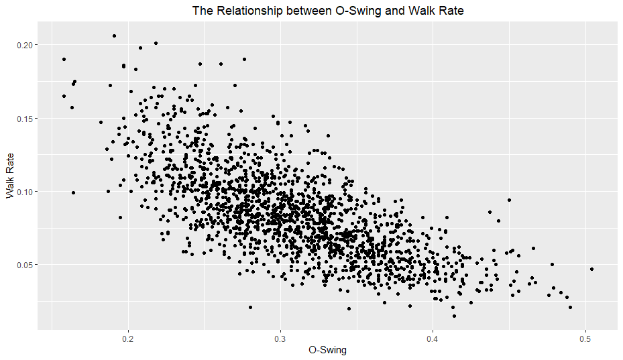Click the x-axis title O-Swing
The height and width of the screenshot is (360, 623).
coord(327,350)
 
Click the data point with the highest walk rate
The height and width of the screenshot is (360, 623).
coord(114,36)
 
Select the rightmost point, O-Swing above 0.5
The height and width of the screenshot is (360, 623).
coord(591,269)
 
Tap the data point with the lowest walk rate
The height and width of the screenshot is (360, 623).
coord(454,316)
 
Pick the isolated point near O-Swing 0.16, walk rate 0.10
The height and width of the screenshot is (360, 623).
coord(73,193)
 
